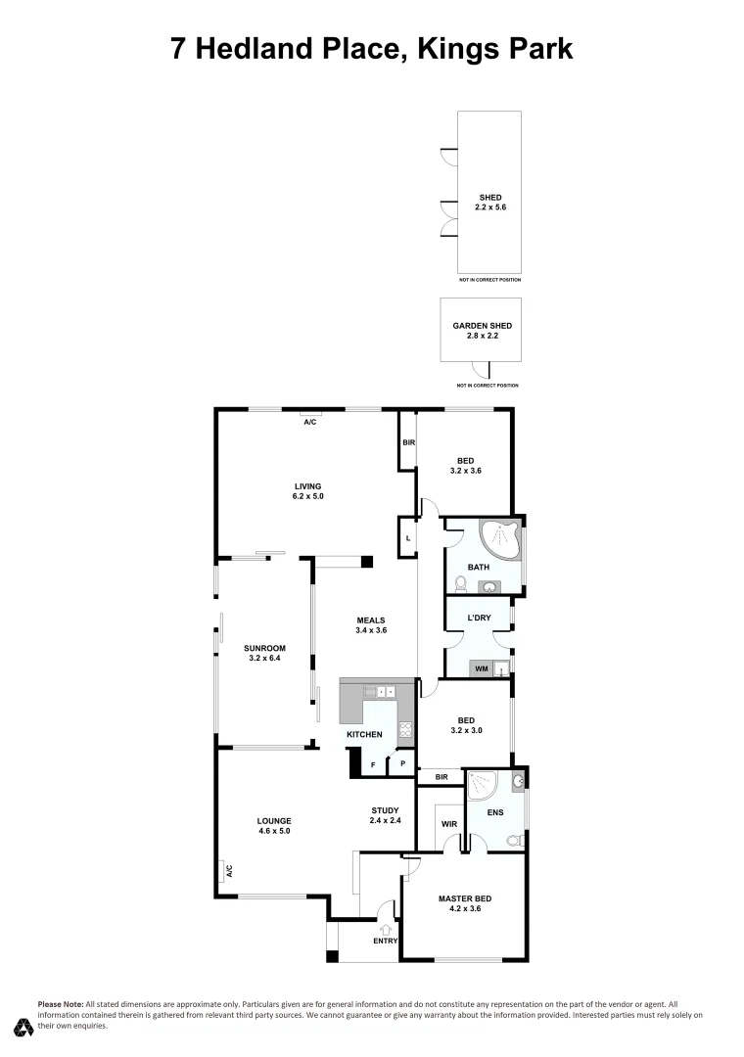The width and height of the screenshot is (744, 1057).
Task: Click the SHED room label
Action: point(489,198)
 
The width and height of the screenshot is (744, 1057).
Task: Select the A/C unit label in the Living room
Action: point(309,422)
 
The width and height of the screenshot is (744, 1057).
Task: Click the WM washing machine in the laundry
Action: point(481,668)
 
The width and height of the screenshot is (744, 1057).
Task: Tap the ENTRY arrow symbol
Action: point(385,928)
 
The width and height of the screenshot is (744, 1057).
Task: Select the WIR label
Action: point(449,824)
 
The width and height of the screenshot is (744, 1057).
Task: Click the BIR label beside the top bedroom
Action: point(408,443)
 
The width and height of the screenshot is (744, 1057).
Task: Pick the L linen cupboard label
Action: point(407,537)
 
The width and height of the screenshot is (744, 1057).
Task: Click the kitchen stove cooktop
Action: point(405,728)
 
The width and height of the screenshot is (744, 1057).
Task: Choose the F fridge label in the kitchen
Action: point(372,763)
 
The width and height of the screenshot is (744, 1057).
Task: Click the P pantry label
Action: point(402,763)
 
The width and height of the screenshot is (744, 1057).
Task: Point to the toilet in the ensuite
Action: point(515,840)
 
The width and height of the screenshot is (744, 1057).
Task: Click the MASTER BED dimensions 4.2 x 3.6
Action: point(465,909)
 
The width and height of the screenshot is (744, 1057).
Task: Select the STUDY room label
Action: point(384,809)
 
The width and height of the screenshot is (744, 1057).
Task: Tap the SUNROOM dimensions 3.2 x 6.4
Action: point(264,659)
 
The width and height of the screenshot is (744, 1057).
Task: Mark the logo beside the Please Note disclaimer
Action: point(23,1027)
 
